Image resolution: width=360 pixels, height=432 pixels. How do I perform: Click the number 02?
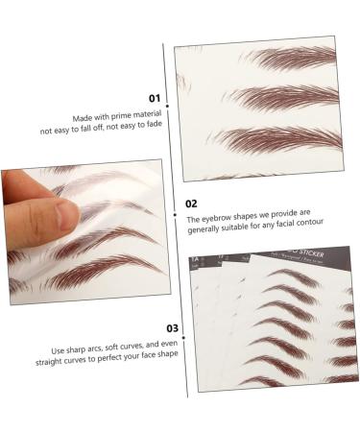(x=191, y=204)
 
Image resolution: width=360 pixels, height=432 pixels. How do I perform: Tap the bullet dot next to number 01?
(x=168, y=98)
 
